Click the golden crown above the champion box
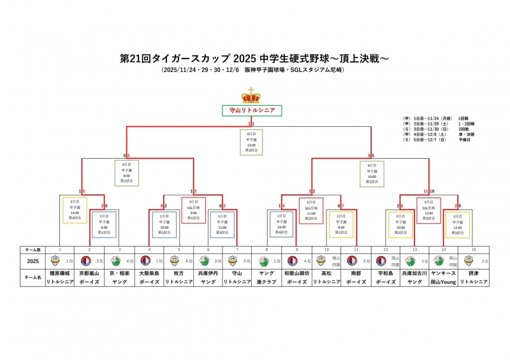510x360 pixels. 251,96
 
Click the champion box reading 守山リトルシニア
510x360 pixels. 251,110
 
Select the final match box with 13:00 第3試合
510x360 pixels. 251,143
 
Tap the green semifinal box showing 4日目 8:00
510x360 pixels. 126,172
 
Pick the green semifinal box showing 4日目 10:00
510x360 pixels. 372,172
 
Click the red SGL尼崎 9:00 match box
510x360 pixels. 193,211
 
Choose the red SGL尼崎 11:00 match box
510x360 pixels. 311,211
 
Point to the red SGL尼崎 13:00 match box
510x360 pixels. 429,211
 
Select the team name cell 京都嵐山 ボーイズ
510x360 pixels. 89,277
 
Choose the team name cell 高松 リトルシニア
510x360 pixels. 326,277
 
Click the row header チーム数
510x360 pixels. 32,249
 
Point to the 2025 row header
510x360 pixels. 32,261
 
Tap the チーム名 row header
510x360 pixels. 32,277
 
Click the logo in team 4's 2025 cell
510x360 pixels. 144,261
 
